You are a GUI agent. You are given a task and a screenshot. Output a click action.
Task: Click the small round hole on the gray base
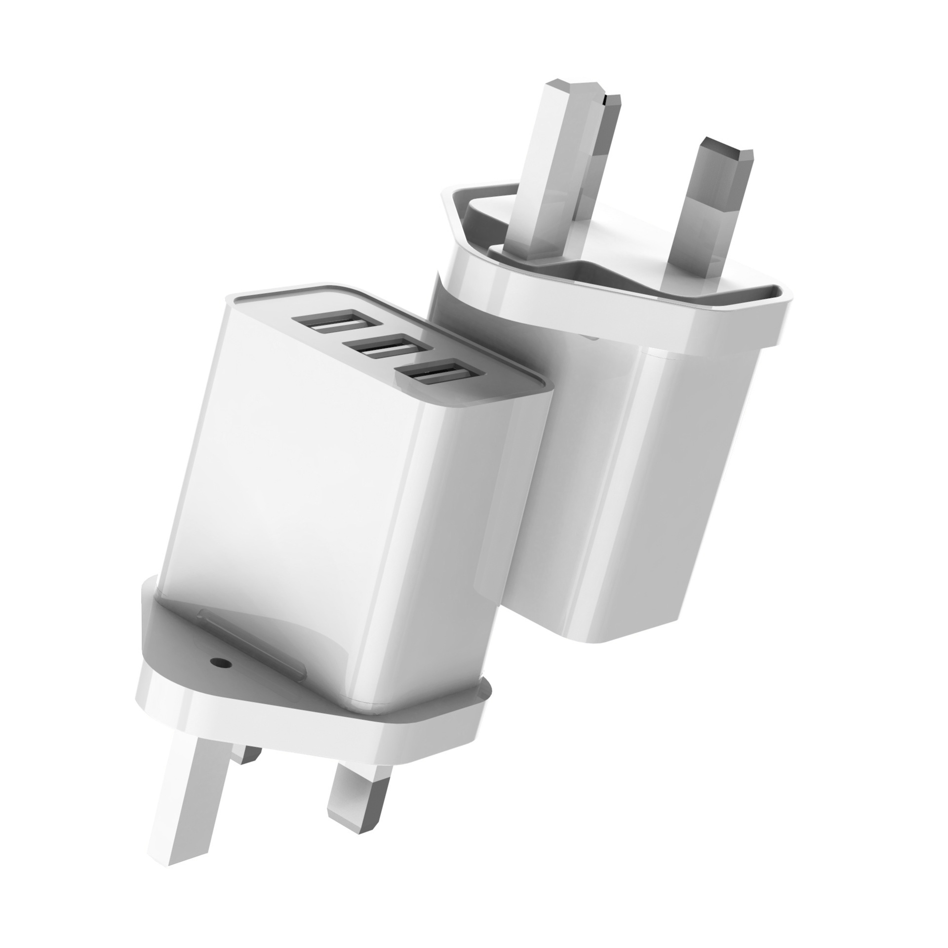(216, 662)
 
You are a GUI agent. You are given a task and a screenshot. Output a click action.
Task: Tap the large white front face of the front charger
(306, 469)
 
